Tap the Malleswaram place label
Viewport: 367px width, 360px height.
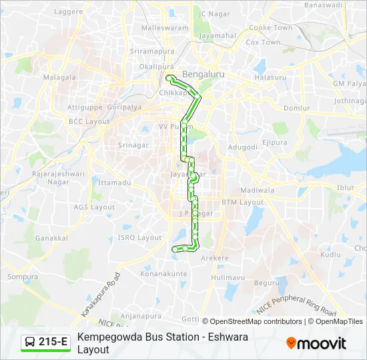click(165, 29)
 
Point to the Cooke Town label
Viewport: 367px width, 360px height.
click(270, 28)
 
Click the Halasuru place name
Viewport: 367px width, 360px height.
click(270, 77)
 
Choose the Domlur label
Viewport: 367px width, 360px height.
click(297, 108)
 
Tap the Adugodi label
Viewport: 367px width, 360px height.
click(243, 147)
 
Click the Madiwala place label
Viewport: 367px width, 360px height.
click(257, 190)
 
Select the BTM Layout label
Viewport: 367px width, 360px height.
click(243, 202)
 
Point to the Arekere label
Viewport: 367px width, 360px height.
click(215, 258)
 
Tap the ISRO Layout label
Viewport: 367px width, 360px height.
click(139, 237)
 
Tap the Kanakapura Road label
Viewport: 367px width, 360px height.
click(100, 295)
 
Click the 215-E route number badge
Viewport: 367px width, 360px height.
click(46, 343)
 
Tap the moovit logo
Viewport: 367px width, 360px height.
click(316, 343)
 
